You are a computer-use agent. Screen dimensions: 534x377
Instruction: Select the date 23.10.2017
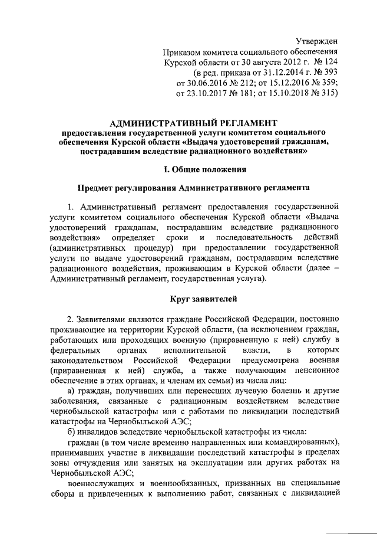tap(211, 93)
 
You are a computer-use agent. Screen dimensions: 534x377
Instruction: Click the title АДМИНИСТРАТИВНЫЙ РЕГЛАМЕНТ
tap(188, 123)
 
